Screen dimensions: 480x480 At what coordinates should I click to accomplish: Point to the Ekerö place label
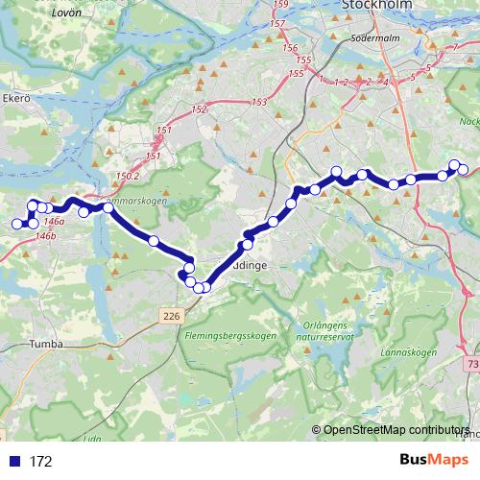point(18,98)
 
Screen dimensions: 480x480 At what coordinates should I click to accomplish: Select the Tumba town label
point(46,343)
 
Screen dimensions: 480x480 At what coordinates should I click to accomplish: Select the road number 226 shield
point(171,315)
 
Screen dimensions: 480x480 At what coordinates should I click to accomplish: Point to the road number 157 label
point(278,23)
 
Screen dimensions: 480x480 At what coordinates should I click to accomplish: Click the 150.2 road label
point(127,177)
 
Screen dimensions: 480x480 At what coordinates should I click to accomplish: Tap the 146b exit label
point(45,235)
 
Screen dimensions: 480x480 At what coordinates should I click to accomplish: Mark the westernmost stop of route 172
point(16,225)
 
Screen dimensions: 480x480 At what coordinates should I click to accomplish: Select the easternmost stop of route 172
point(464,170)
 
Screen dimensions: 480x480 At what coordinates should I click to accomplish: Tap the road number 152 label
point(200,110)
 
